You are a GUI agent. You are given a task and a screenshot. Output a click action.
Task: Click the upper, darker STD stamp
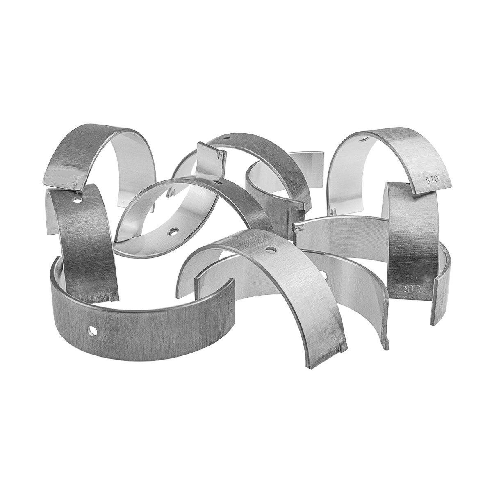point(432,180)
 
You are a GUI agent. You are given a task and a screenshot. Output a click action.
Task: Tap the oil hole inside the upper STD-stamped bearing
point(363,139)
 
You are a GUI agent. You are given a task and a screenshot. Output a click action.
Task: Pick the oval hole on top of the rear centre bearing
point(225,138)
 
